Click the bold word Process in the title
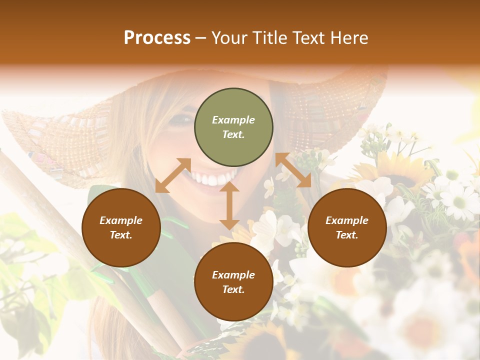[x=157, y=38]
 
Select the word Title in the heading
[x=270, y=38]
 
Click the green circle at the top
[x=233, y=127]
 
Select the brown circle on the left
[x=121, y=227]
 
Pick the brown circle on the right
[x=347, y=227]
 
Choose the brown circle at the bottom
[x=233, y=282]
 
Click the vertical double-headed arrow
[x=229, y=205]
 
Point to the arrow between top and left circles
[x=173, y=175]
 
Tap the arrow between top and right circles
[x=293, y=170]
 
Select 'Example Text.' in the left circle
[x=121, y=227]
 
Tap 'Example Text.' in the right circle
[x=347, y=227]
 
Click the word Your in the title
[x=228, y=38]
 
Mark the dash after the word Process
[x=200, y=38]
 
